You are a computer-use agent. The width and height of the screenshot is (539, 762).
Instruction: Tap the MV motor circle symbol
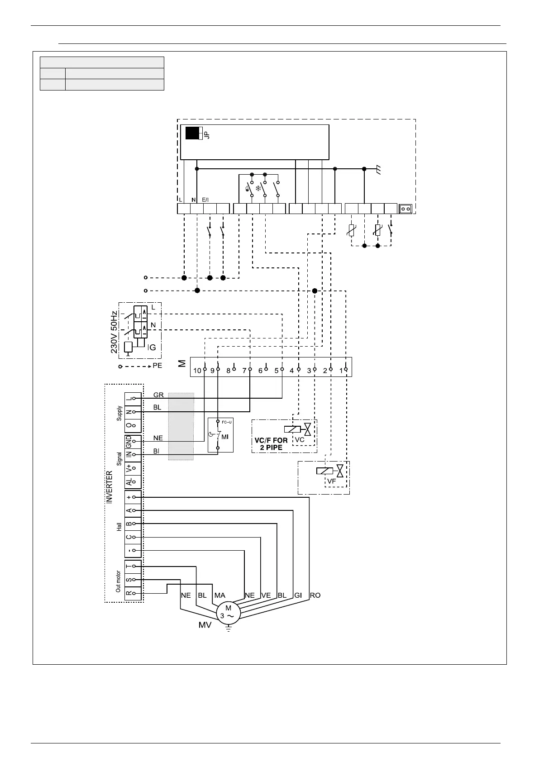(x=228, y=613)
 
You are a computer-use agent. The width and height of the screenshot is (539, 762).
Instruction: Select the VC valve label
(x=300, y=439)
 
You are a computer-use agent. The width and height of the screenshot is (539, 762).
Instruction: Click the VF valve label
(x=332, y=481)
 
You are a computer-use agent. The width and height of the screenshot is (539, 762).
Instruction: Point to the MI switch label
(x=225, y=437)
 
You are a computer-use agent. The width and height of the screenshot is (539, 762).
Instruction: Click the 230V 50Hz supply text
(x=114, y=332)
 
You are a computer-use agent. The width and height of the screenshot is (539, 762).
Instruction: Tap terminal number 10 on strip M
(x=197, y=371)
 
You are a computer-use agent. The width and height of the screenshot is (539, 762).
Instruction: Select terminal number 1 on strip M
(x=341, y=371)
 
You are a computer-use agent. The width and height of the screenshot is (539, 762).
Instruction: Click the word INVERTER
(x=109, y=487)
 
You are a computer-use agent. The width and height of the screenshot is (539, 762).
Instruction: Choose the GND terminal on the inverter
(x=129, y=442)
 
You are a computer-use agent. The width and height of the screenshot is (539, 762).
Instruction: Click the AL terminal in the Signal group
(x=129, y=482)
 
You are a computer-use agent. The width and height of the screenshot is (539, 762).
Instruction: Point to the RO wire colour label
(x=315, y=595)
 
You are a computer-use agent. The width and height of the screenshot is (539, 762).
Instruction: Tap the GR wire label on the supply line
(x=158, y=395)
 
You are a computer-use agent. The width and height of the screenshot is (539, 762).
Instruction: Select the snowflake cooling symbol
(x=259, y=188)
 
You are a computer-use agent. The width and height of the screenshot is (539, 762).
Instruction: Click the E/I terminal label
(x=205, y=200)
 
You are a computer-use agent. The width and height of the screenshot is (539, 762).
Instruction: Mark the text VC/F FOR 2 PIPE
(x=271, y=443)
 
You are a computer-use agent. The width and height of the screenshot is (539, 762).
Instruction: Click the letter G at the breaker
(x=153, y=348)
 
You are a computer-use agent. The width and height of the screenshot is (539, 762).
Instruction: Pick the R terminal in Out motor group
(x=129, y=593)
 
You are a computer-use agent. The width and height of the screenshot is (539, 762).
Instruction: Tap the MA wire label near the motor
(x=219, y=595)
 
